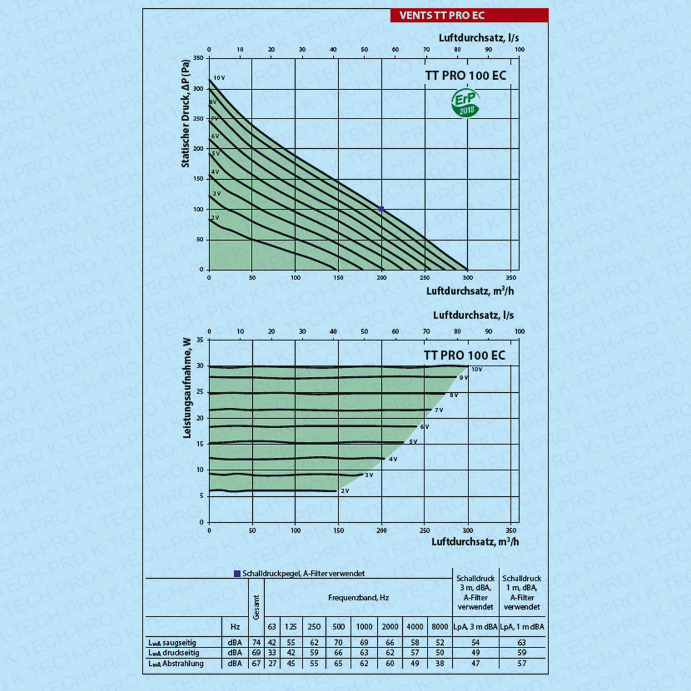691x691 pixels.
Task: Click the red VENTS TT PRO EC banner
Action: pyautogui.click(x=469, y=15)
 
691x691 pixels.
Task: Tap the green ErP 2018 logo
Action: pyautogui.click(x=465, y=103)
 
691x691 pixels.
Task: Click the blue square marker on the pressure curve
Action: pyautogui.click(x=381, y=209)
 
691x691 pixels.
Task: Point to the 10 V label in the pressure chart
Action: pyautogui.click(x=219, y=78)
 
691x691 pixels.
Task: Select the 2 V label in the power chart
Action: pyautogui.click(x=345, y=491)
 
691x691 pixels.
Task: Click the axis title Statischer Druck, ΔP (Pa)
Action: pyautogui.click(x=185, y=113)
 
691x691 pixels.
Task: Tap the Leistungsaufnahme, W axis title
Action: pyautogui.click(x=187, y=388)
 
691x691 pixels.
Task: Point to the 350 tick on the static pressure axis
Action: pyautogui.click(x=198, y=58)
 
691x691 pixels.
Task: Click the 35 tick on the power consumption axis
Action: pyautogui.click(x=200, y=340)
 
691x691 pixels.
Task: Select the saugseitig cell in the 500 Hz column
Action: pyautogui.click(x=339, y=642)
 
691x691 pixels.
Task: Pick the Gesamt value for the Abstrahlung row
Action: pyautogui.click(x=257, y=663)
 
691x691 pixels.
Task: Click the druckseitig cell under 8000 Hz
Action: pyautogui.click(x=439, y=653)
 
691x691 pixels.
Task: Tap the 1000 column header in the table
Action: pyautogui.click(x=364, y=627)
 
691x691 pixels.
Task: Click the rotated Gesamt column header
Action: pyautogui.click(x=256, y=607)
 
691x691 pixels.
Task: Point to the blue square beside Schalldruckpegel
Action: pyautogui.click(x=237, y=574)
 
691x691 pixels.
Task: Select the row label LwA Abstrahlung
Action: pyautogui.click(x=176, y=663)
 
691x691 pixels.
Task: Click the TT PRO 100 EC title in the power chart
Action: pyautogui.click(x=465, y=356)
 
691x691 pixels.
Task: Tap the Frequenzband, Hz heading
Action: pyautogui.click(x=358, y=597)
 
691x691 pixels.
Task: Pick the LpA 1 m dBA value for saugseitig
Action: pyautogui.click(x=521, y=642)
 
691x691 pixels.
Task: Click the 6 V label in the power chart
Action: pyautogui.click(x=424, y=427)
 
